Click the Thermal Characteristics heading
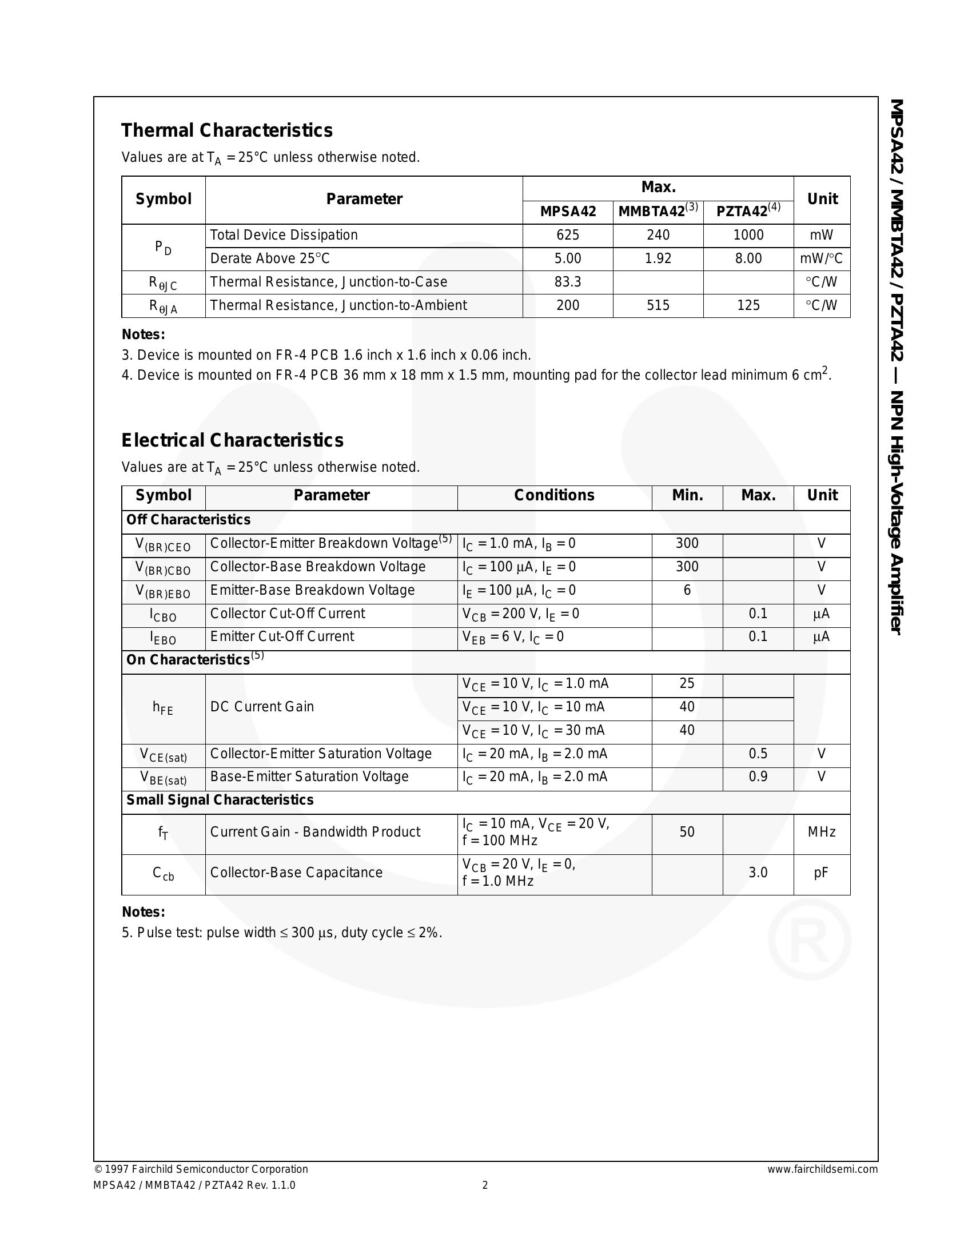pos(226,131)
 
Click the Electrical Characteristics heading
pos(232,441)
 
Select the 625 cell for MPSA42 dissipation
pos(567,235)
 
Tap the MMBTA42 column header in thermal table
pos(658,212)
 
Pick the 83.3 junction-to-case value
pos(567,282)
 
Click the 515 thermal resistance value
pos(658,305)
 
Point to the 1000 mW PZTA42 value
pos(748,235)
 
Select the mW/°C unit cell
pos(820,258)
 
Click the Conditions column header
pos(554,495)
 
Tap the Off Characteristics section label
pos(188,520)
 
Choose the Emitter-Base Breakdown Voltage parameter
pos(312,591)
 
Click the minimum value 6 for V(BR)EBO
pos(686,591)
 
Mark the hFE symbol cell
pos(163,708)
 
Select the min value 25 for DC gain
pos(686,684)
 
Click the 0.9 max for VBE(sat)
pos(758,777)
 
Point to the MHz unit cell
pos(821,833)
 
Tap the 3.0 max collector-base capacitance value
pos(758,873)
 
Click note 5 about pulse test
pos(281,933)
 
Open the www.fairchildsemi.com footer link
pos(822,1169)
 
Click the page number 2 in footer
pos(485,1185)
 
